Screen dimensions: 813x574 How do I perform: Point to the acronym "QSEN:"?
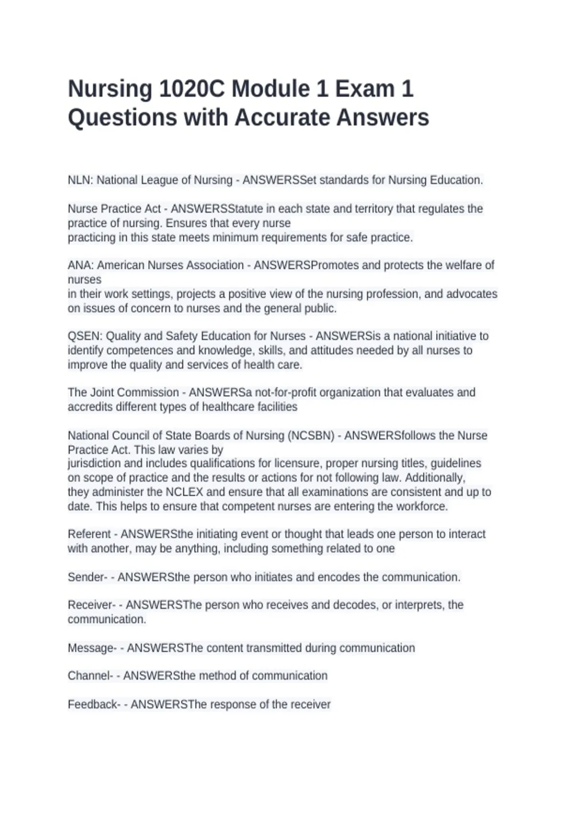click(x=85, y=336)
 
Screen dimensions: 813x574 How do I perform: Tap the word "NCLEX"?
click(x=184, y=492)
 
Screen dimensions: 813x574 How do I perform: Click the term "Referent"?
click(x=89, y=534)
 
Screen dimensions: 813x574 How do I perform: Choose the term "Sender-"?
click(x=88, y=577)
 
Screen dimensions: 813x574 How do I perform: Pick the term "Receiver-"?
click(x=91, y=605)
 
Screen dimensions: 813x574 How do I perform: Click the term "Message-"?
click(x=92, y=648)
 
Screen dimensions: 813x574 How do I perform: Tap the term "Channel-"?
click(x=90, y=676)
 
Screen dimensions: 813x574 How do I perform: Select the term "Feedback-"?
click(x=94, y=704)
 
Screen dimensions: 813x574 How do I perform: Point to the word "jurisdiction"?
click(x=94, y=463)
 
